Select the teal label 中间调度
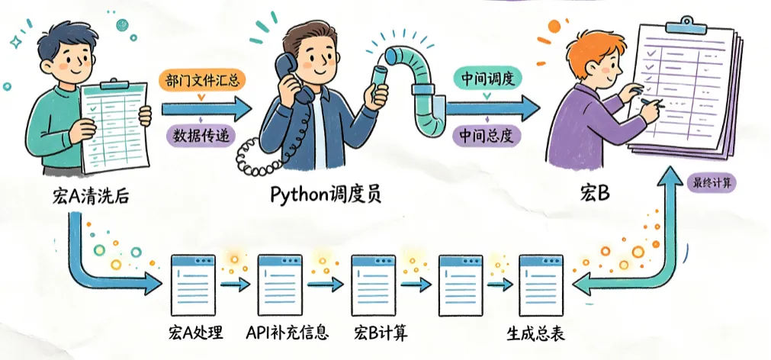(x=486, y=79)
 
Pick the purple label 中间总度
(x=486, y=135)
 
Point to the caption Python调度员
(x=326, y=195)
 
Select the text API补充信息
(x=288, y=334)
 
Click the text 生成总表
(x=535, y=334)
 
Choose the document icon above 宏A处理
(x=193, y=284)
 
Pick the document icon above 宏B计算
(x=374, y=284)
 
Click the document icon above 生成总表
(x=541, y=284)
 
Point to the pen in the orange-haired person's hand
(x=652, y=103)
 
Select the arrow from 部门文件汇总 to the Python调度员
(x=207, y=108)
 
